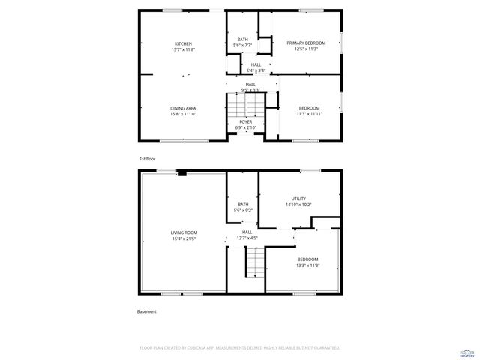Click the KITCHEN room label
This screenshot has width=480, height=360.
click(184, 43)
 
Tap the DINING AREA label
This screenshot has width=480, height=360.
click(184, 108)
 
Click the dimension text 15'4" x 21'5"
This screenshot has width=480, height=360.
click(183, 239)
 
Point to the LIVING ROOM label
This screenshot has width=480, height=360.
click(183, 233)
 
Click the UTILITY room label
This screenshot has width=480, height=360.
click(298, 199)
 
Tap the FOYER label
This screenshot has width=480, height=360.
click(246, 121)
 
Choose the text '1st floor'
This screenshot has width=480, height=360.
click(147, 159)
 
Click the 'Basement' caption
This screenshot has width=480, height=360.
click(147, 311)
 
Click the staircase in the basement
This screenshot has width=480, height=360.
click(256, 262)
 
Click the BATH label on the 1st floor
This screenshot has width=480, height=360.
click(242, 40)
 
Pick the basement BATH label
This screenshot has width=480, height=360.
click(243, 205)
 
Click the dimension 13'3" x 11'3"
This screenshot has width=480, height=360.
click(307, 265)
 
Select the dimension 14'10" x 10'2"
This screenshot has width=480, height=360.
click(298, 205)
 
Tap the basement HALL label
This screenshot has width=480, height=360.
click(247, 232)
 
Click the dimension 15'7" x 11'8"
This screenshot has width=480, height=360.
click(184, 49)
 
